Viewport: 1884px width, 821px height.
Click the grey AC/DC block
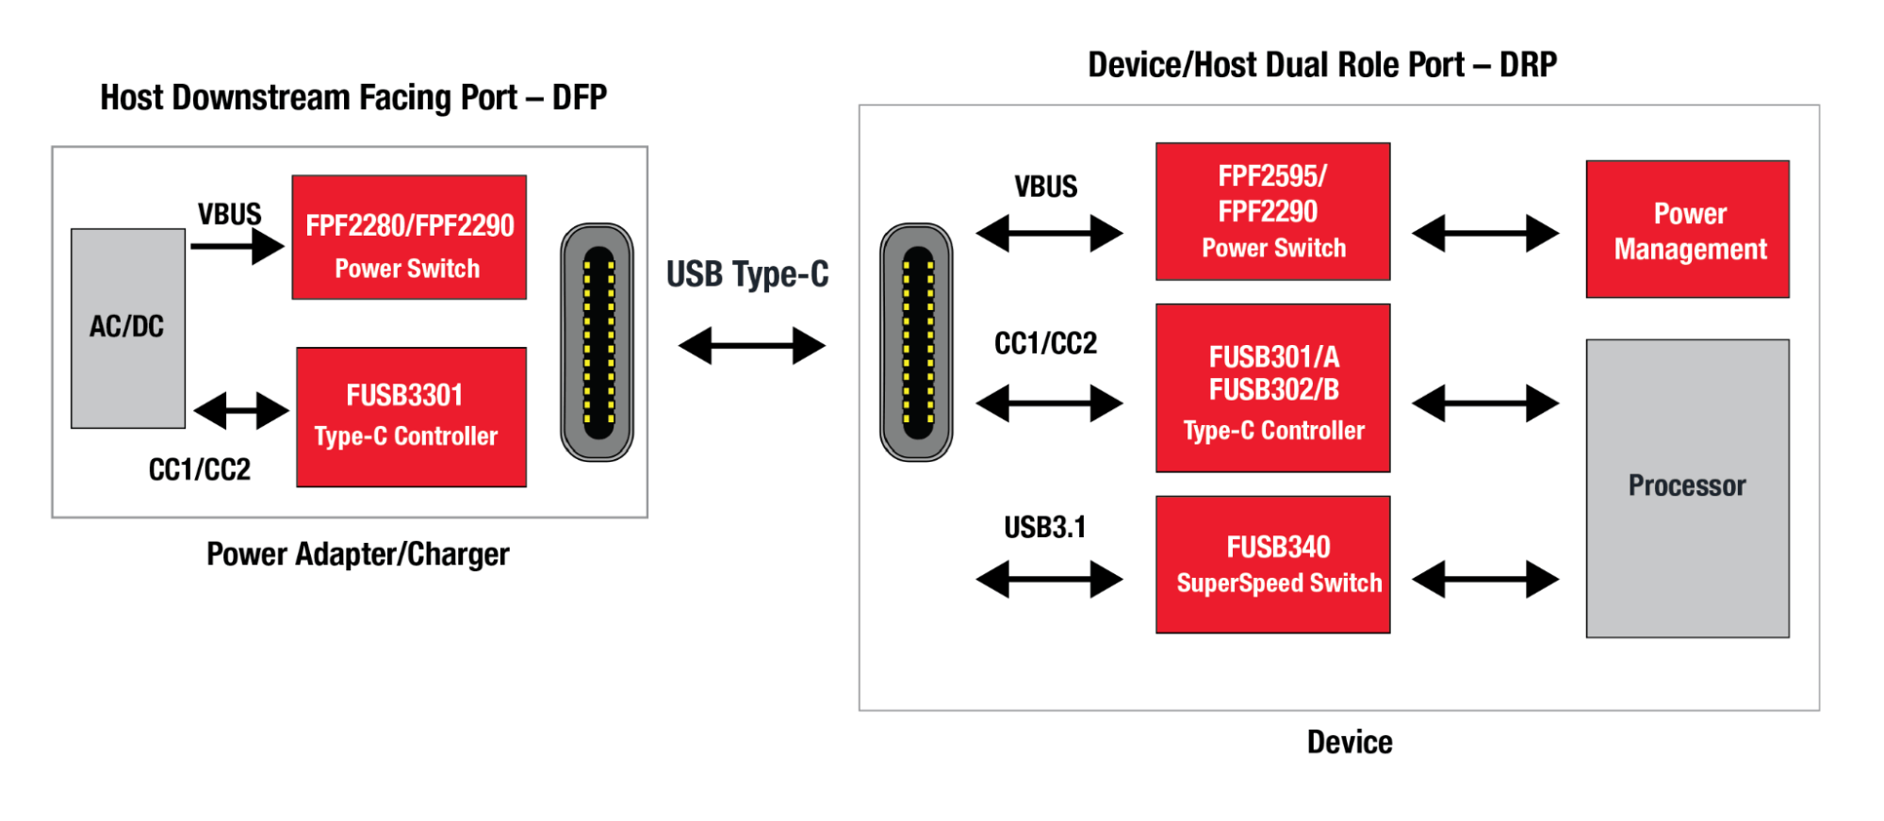[x=127, y=328]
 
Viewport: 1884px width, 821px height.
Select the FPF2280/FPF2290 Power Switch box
[x=409, y=238]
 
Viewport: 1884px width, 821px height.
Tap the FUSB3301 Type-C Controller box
[x=411, y=417]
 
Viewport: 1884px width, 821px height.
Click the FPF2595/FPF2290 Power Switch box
[x=1272, y=211]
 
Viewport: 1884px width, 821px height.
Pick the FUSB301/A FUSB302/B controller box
[x=1272, y=387]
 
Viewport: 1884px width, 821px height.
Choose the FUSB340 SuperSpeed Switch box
[x=1272, y=564]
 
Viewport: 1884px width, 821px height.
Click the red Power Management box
[x=1687, y=229]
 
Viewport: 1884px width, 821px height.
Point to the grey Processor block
[x=1687, y=488]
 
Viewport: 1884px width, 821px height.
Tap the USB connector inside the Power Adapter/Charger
[x=597, y=342]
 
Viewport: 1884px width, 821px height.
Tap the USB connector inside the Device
[x=916, y=342]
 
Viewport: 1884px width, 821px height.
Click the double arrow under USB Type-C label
[x=751, y=346]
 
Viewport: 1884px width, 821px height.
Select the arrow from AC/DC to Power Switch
[x=237, y=247]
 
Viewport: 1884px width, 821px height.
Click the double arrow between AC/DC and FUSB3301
[x=240, y=411]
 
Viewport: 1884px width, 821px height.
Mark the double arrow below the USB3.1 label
[x=1048, y=579]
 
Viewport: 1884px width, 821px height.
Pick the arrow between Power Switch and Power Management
[x=1484, y=233]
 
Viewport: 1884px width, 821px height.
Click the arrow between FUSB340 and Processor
[x=1484, y=579]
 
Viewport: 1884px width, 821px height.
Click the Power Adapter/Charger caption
[x=357, y=554]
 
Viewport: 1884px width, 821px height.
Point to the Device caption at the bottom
[x=1349, y=743]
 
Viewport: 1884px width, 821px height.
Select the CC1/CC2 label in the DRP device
[x=1045, y=344]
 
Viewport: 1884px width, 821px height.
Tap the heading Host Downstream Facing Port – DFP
[x=353, y=98]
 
